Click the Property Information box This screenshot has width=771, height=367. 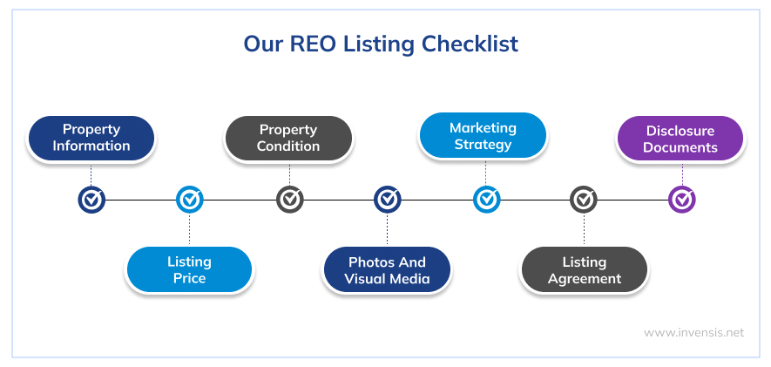point(91,138)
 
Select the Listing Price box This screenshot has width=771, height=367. point(189,269)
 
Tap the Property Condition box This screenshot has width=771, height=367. point(288,138)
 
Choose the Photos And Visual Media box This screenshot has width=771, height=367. point(387,269)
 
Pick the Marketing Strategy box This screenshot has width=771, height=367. point(483,136)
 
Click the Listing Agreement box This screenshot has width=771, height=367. point(584,269)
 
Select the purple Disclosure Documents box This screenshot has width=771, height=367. point(680,139)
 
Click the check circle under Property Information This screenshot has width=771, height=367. point(91,200)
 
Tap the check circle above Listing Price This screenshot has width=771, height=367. point(189,200)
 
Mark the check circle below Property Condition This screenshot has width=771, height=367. point(289,200)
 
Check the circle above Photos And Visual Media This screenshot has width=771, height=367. point(388,200)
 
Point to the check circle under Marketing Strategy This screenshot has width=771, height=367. point(486,200)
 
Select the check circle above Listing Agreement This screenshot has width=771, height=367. point(584,200)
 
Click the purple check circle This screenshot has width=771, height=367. point(682,200)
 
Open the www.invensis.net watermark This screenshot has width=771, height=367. point(693,332)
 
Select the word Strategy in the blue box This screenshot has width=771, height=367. point(483,145)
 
